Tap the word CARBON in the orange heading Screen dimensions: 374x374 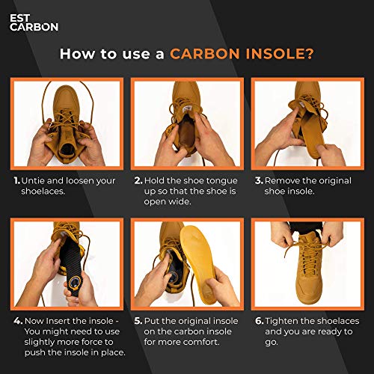[x=203, y=54]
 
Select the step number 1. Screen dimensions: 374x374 [x=16, y=180]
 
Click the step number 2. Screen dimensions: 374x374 [x=138, y=180]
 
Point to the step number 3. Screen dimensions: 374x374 [x=258, y=180]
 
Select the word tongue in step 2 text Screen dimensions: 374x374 [x=218, y=180]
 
